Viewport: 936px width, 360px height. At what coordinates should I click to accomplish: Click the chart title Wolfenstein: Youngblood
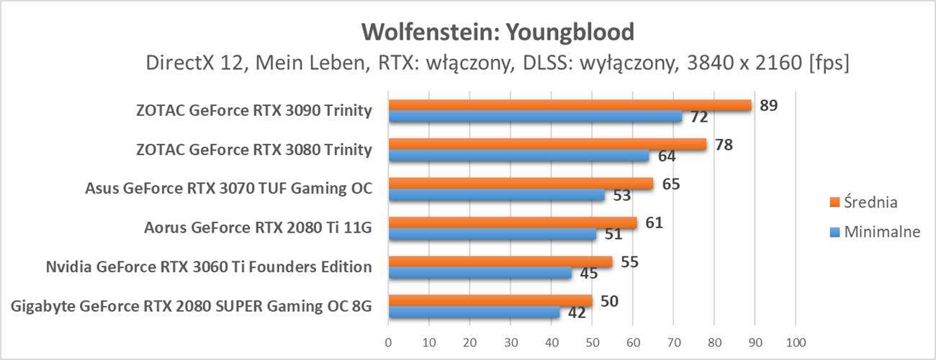tap(498, 32)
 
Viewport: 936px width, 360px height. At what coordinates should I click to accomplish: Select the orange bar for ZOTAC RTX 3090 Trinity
tap(569, 105)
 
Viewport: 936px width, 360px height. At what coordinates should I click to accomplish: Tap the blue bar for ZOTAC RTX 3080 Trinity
tap(518, 156)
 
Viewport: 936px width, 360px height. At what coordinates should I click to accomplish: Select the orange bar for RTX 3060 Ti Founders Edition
tap(500, 261)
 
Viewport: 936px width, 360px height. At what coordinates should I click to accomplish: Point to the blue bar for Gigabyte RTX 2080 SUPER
tap(474, 312)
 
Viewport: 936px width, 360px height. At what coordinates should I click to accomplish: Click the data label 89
tap(768, 106)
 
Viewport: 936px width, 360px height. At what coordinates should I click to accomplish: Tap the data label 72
tap(698, 117)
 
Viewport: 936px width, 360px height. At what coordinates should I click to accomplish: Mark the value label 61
tap(654, 223)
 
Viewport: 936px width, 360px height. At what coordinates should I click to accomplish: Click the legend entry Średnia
tap(870, 202)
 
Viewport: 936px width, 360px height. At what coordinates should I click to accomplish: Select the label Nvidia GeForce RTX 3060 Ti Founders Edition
tap(208, 267)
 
